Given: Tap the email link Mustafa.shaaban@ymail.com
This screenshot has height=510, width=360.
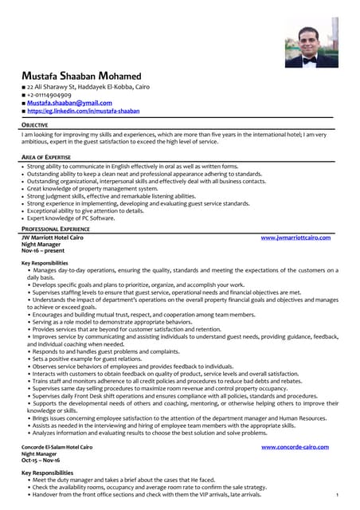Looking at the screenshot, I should coord(69,103).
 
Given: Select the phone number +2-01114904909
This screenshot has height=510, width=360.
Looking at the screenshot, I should coord(54,94).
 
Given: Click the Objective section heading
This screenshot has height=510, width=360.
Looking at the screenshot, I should coord(34,125).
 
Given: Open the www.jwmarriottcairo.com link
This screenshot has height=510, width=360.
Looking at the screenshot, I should coord(295,237).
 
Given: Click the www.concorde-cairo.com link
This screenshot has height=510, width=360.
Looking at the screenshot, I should coord(295,447).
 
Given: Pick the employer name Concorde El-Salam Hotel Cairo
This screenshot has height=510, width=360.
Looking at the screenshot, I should coord(57,447).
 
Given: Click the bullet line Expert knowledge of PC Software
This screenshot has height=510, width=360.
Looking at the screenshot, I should coord(71,218).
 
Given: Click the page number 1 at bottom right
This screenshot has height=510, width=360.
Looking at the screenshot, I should coord(338,495).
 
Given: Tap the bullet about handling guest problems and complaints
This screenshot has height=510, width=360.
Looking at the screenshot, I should coord(105,351).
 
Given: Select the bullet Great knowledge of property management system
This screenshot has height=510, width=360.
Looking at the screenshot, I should coord(99,188).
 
